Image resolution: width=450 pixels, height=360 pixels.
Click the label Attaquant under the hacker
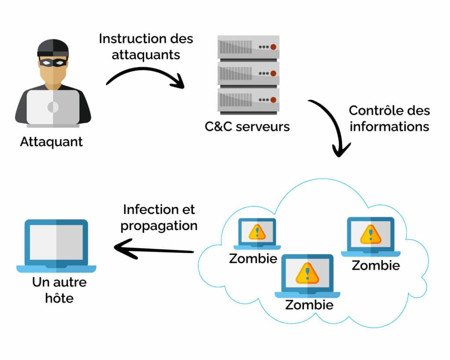tap(51, 142)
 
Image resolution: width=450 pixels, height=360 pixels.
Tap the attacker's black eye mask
tap(53, 63)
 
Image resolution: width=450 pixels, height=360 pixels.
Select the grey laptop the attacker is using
tap(53, 107)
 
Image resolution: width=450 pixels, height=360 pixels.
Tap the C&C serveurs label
tap(247, 127)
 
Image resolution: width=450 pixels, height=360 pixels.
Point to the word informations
tap(389, 127)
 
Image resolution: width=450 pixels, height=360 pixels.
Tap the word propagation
tap(159, 226)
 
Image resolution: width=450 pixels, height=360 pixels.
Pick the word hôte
tap(59, 298)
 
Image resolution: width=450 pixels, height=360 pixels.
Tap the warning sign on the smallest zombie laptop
tap(257, 232)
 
